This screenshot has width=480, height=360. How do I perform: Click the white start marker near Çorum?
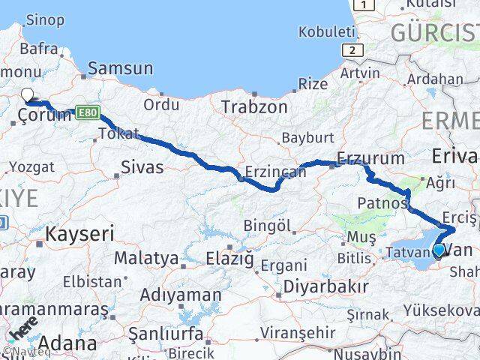[28, 94]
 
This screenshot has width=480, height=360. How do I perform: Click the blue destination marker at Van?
[439, 249]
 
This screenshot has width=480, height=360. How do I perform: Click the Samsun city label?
[120, 68]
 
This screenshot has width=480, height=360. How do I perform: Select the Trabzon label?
[254, 107]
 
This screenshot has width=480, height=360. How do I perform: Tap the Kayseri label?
[79, 233]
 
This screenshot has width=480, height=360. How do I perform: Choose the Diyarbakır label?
[325, 286]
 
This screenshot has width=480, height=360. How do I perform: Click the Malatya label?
[146, 259]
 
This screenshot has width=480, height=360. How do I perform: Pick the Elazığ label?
[230, 259]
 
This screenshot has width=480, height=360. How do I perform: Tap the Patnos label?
[382, 202]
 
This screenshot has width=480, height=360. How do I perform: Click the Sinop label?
[43, 20]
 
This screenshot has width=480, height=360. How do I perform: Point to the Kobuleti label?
[326, 31]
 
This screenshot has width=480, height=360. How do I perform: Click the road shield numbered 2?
[349, 49]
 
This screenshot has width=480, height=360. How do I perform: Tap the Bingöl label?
[267, 225]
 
